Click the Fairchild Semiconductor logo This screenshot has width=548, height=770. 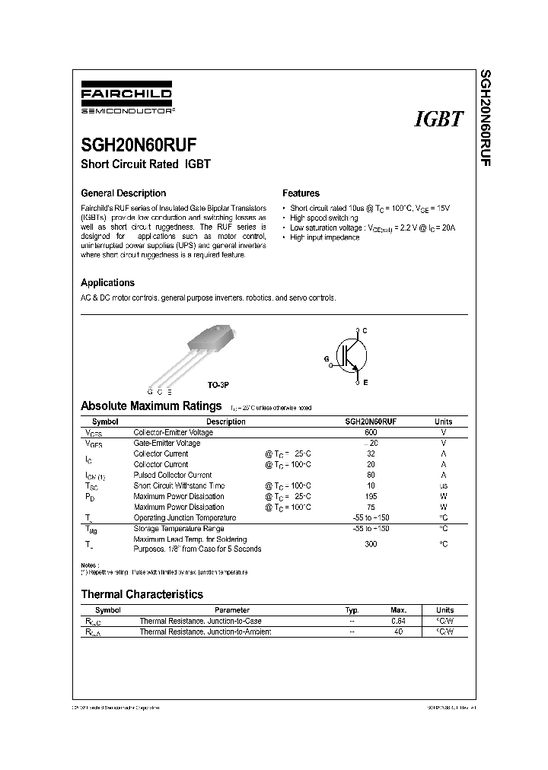pos(127,100)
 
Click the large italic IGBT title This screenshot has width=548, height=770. pos(439,119)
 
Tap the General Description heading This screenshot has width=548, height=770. pos(123,193)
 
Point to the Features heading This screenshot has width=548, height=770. pos(301,193)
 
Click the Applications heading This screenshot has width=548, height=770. pos(107,282)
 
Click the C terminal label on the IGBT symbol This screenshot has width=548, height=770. pos(365,329)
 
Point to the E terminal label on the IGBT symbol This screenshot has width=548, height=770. pos(365,382)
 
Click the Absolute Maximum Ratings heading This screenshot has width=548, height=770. pos(151,406)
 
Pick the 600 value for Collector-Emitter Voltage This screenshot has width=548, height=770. pos(371,432)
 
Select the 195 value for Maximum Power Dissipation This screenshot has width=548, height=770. pos(371,496)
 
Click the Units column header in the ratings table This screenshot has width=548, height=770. pos(443,422)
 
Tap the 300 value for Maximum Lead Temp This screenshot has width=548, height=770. pos(371,544)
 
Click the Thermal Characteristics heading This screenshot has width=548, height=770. pos(142,594)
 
